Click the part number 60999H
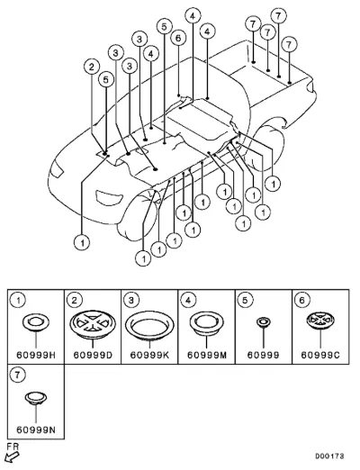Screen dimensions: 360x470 pyautogui.click(x=36, y=356)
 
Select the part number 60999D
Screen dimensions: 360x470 pyautogui.click(x=93, y=356)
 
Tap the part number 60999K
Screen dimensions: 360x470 pyautogui.click(x=149, y=356)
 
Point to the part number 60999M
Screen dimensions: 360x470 pyautogui.click(x=207, y=356)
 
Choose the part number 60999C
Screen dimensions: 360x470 pyautogui.click(x=320, y=356)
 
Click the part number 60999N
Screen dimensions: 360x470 pyautogui.click(x=36, y=430)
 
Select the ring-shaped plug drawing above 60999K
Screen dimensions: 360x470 pyautogui.click(x=149, y=325)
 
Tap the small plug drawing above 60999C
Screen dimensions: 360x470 pyautogui.click(x=320, y=320)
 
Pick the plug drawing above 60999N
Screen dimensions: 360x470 pyautogui.click(x=36, y=398)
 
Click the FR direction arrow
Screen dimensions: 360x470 pyautogui.click(x=13, y=457)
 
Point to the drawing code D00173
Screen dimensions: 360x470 pyautogui.click(x=329, y=456)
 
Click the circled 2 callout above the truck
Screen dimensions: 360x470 pyautogui.click(x=92, y=67)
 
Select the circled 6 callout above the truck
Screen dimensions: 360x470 pyautogui.click(x=178, y=38)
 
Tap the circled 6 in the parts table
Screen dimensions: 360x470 pyautogui.click(x=302, y=300)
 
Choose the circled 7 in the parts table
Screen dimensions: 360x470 pyautogui.click(x=18, y=375)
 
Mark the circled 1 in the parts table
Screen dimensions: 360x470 pyautogui.click(x=18, y=300)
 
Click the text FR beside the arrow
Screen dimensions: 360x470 pyautogui.click(x=13, y=447)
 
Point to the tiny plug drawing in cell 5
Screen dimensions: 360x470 pyautogui.click(x=264, y=322)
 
